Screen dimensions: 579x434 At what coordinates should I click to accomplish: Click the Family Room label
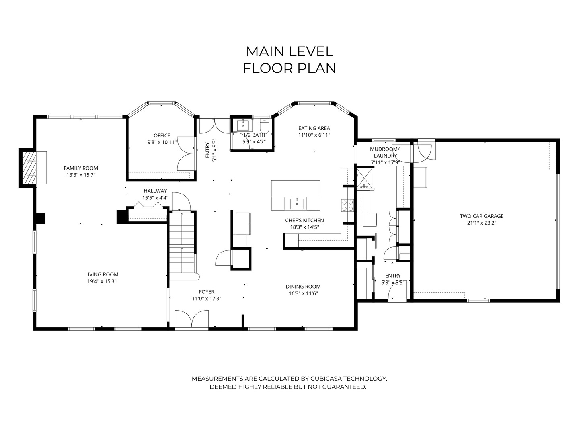pos(81,168)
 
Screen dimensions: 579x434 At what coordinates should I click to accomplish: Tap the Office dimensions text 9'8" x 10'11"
pos(162,143)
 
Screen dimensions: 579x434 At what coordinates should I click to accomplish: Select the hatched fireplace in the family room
pos(28,168)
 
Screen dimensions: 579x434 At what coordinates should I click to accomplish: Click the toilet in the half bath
pos(264,127)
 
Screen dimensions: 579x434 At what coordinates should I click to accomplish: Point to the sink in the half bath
pos(243,125)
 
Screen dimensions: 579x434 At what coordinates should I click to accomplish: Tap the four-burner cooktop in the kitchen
pos(347,205)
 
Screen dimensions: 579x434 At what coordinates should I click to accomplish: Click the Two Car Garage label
pos(482,216)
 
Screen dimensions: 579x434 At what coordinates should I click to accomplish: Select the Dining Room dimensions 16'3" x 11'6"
pos(303,293)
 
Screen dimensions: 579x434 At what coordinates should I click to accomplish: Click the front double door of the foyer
pos(191,319)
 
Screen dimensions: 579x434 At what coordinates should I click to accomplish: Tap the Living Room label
pos(102,274)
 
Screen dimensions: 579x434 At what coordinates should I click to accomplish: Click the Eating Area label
pos(314,128)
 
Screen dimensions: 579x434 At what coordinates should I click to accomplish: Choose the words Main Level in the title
pos(289,52)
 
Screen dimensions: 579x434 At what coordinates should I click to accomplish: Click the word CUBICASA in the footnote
pos(326,379)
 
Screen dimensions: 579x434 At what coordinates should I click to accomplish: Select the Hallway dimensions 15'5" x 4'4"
pos(155,198)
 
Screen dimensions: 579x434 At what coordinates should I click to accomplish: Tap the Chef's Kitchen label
pos(304,220)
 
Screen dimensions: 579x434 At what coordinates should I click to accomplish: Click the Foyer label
pos(207,292)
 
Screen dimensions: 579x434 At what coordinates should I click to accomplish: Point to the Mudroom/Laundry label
pos(385,152)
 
